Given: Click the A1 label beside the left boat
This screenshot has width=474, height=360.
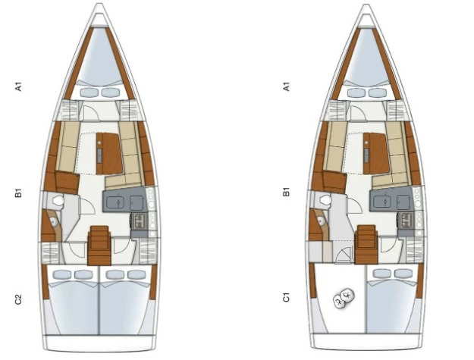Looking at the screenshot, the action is (x=19, y=87).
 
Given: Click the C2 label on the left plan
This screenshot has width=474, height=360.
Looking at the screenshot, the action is (x=19, y=299).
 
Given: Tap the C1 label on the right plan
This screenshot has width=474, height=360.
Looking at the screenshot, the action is (x=286, y=297).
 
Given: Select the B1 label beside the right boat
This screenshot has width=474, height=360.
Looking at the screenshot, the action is (x=286, y=192).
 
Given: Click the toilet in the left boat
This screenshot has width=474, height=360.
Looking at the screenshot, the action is (x=58, y=200).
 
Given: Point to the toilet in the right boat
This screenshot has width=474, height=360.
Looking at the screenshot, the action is (x=325, y=199).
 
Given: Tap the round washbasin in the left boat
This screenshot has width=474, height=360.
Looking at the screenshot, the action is (x=54, y=222).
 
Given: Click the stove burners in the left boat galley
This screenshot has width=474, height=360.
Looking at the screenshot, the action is (x=139, y=221).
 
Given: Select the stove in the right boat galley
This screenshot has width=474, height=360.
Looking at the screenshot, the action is (x=406, y=220).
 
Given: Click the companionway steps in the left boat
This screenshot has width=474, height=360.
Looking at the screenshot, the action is (x=99, y=246).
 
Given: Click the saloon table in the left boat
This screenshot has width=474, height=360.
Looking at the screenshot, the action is (x=109, y=153).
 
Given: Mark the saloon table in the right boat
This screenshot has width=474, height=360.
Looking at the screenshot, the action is (x=376, y=153).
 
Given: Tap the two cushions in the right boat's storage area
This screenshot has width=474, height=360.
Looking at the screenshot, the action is (x=344, y=298).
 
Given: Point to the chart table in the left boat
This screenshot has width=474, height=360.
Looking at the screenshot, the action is (x=67, y=182).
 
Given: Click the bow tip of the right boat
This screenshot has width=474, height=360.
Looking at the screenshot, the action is (x=366, y=5).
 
